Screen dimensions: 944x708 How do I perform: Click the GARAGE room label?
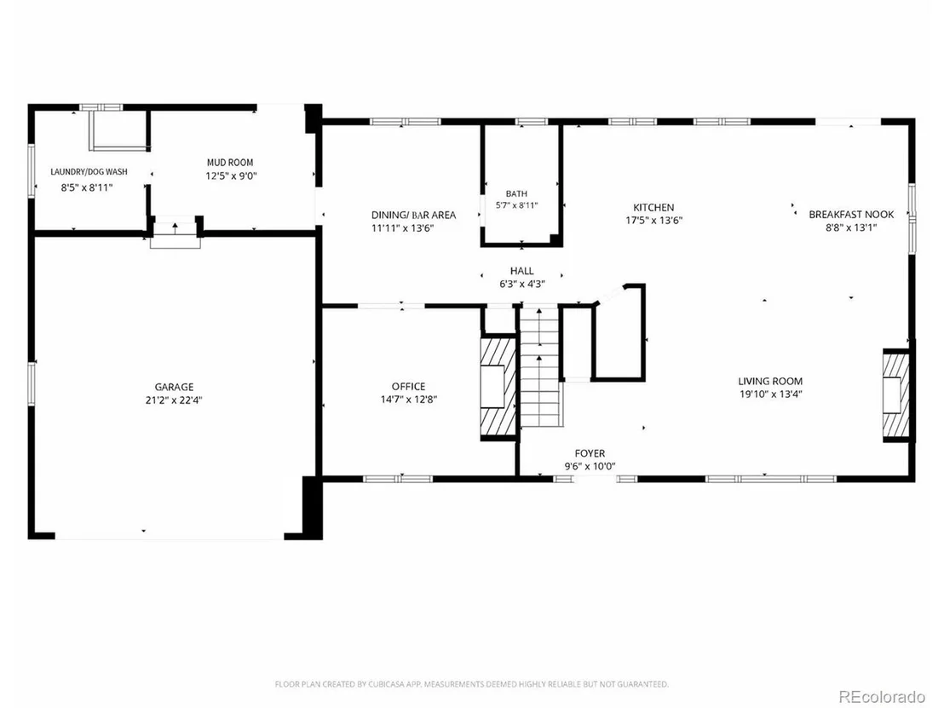click(174, 387)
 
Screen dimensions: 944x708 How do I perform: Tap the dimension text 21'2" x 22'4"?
click(174, 400)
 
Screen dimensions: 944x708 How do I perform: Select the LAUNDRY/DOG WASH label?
click(89, 172)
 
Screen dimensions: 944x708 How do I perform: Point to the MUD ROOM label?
click(230, 163)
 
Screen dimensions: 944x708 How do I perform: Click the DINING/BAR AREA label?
click(413, 215)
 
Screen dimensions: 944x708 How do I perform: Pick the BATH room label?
click(516, 194)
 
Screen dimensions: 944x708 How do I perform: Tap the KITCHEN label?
click(653, 207)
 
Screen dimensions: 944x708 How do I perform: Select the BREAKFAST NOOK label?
click(851, 215)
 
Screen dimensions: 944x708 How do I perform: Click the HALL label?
click(522, 271)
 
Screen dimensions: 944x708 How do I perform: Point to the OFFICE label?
click(409, 387)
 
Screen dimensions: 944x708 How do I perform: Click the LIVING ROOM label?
click(770, 381)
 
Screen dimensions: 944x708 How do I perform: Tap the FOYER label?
click(590, 453)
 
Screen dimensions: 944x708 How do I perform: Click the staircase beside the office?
click(540, 366)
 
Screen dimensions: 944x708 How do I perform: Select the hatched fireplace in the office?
click(498, 387)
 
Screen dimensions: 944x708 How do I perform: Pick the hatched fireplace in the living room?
click(895, 394)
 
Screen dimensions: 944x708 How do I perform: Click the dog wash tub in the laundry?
click(119, 130)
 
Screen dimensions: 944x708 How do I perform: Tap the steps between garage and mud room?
click(176, 234)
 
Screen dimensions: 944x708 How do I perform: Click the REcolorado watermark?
click(882, 697)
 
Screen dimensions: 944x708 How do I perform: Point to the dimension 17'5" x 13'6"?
click(653, 221)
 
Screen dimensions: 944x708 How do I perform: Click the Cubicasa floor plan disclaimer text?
click(471, 684)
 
